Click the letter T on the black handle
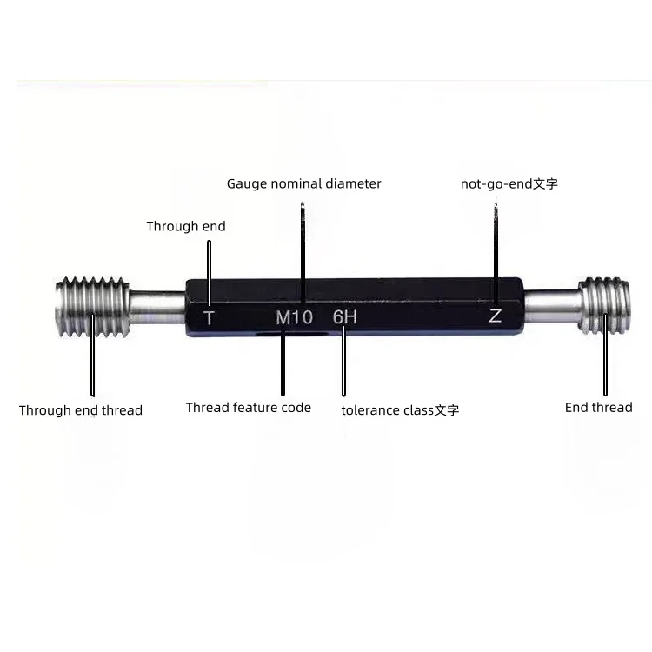point(209,317)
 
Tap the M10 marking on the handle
point(294,317)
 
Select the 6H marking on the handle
point(344,317)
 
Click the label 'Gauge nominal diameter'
point(303,183)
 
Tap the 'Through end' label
point(185,227)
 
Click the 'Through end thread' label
point(80,410)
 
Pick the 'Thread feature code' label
point(248,408)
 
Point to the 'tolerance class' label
point(400,410)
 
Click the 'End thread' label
point(598,407)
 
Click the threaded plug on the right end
point(604,305)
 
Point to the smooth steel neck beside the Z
point(552,304)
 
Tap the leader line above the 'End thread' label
point(605,365)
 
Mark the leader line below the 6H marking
point(344,365)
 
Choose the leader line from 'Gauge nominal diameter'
point(303,243)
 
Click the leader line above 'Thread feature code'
point(283,365)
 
